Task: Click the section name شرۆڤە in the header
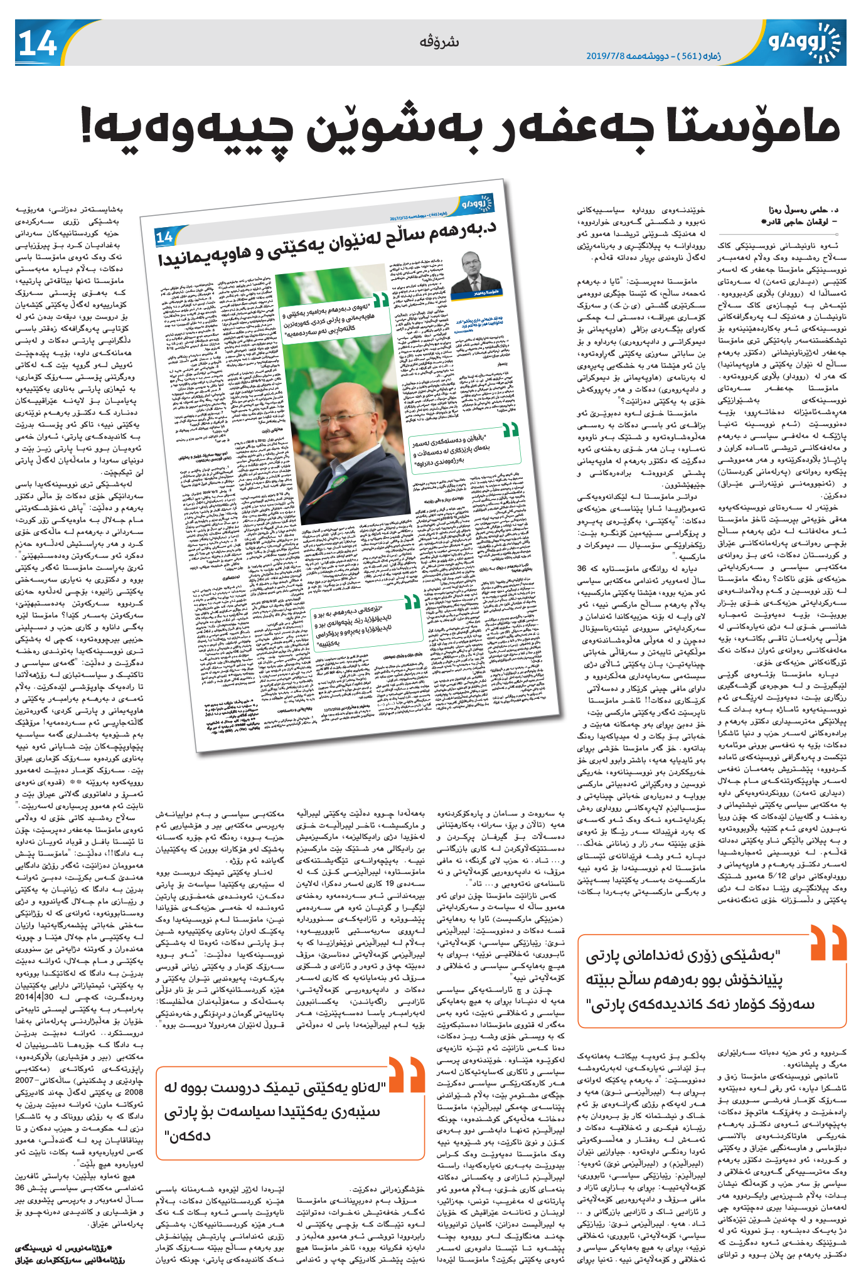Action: (x=439, y=42)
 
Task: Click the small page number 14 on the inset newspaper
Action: (x=164, y=237)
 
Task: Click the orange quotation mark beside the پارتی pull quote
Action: (x=828, y=942)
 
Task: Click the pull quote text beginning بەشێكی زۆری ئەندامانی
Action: (x=700, y=980)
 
